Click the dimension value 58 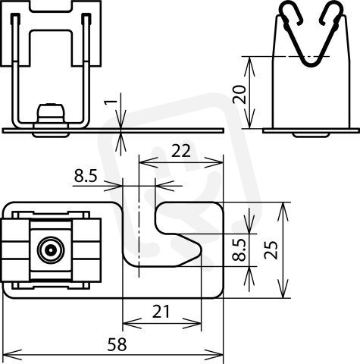(117, 344)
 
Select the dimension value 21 (161, 312)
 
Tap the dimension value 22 (181, 151)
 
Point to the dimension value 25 (271, 250)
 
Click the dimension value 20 (239, 95)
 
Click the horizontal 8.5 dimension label (86, 176)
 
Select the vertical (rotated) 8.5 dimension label (239, 249)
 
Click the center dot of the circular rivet (51, 250)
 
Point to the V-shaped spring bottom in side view (310, 63)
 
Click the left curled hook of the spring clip (291, 13)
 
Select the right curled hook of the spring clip (332, 13)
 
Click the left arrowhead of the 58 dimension (12, 354)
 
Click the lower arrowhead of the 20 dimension (249, 119)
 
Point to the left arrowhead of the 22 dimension (149, 162)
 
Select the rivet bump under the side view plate (311, 135)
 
